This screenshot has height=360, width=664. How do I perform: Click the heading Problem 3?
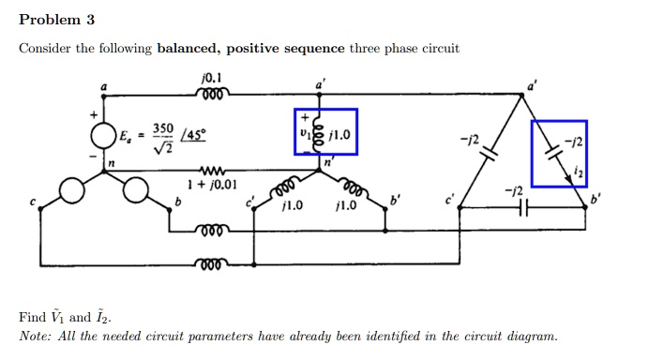click(57, 20)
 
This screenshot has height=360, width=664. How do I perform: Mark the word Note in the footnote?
click(37, 336)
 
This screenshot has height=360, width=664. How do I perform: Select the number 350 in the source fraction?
click(161, 127)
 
